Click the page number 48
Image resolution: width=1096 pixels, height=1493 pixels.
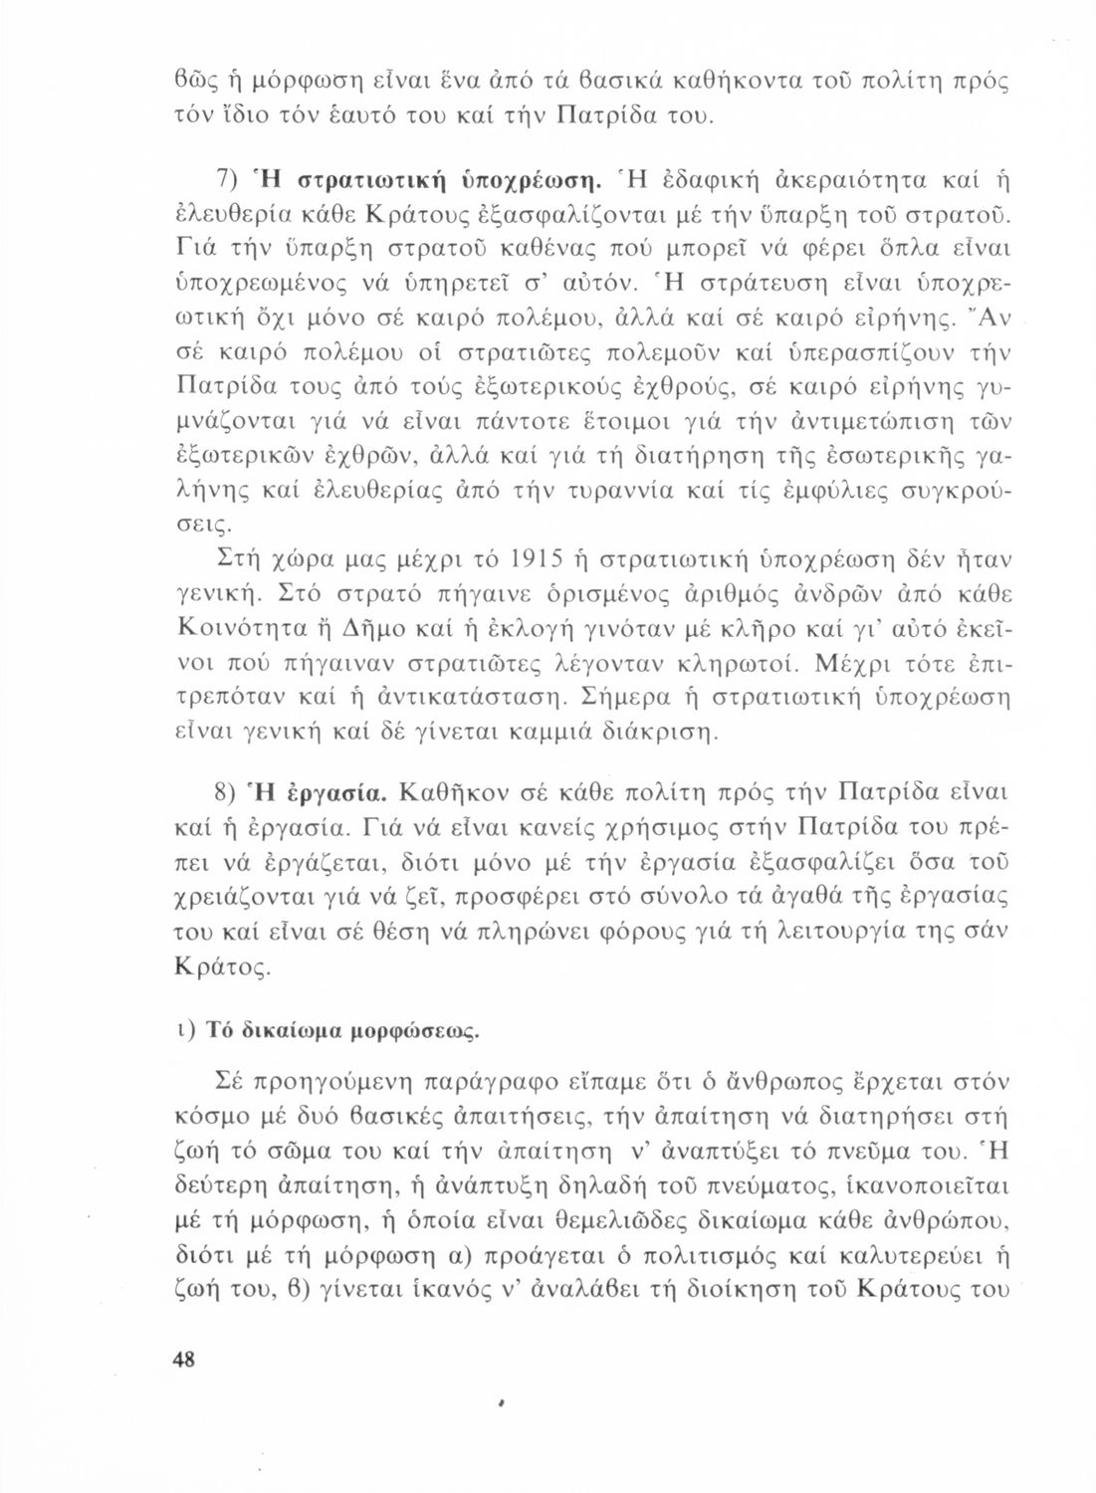pyautogui.click(x=184, y=1360)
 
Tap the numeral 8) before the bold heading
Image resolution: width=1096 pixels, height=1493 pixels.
pyautogui.click(x=227, y=793)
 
